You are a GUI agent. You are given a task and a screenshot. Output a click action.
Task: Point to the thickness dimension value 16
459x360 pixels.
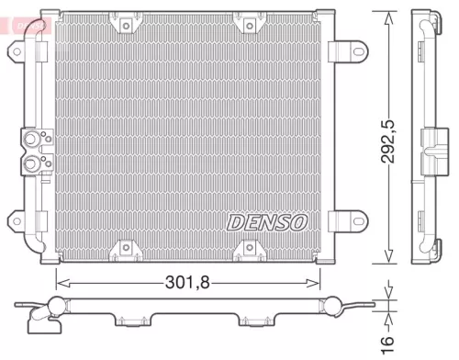pyautogui.click(x=392, y=341)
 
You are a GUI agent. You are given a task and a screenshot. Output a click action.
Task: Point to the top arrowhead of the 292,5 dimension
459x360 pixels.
pyautogui.click(x=392, y=17)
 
